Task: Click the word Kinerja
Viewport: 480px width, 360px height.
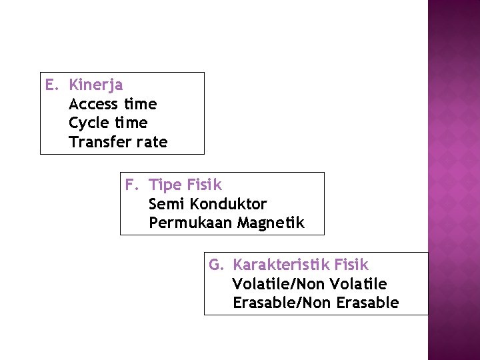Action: coord(95,85)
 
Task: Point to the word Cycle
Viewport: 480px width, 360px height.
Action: coord(88,123)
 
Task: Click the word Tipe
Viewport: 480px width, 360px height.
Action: coord(165,185)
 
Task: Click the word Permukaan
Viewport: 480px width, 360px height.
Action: coord(189,223)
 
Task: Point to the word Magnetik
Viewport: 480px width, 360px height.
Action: coord(270,223)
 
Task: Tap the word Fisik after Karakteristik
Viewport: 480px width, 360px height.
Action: coord(352,265)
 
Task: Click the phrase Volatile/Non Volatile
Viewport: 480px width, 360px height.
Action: coord(309,284)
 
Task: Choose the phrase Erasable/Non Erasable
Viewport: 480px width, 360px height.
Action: coord(315,303)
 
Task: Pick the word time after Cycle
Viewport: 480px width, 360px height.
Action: coord(131,123)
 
